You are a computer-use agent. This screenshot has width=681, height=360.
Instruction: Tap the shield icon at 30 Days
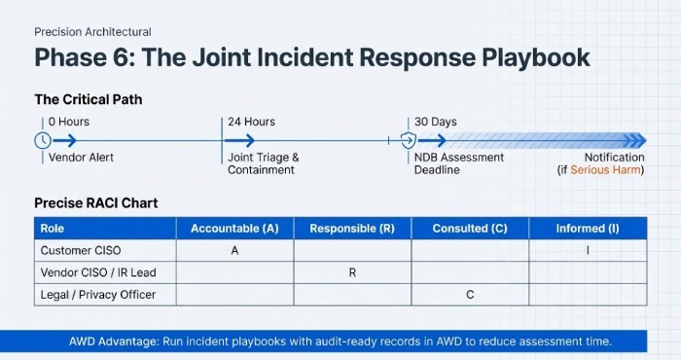click(x=411, y=140)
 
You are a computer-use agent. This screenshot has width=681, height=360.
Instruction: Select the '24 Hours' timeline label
click(x=251, y=122)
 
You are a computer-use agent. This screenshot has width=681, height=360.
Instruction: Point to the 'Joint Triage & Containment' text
click(x=263, y=163)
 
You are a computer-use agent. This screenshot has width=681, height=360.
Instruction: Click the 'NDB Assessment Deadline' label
click(x=460, y=163)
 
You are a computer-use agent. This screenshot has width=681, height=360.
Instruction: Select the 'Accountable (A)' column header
click(x=234, y=229)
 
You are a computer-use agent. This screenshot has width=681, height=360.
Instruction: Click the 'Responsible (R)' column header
click(x=351, y=229)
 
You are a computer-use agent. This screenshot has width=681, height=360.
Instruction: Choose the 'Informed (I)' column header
click(x=587, y=229)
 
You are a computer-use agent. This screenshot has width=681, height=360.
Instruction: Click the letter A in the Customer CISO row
click(x=234, y=250)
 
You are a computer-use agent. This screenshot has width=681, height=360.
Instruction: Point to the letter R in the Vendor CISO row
click(x=351, y=272)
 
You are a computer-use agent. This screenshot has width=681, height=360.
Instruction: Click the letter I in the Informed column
click(x=587, y=250)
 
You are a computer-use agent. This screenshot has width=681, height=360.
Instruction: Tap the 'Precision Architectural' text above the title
click(x=92, y=32)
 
